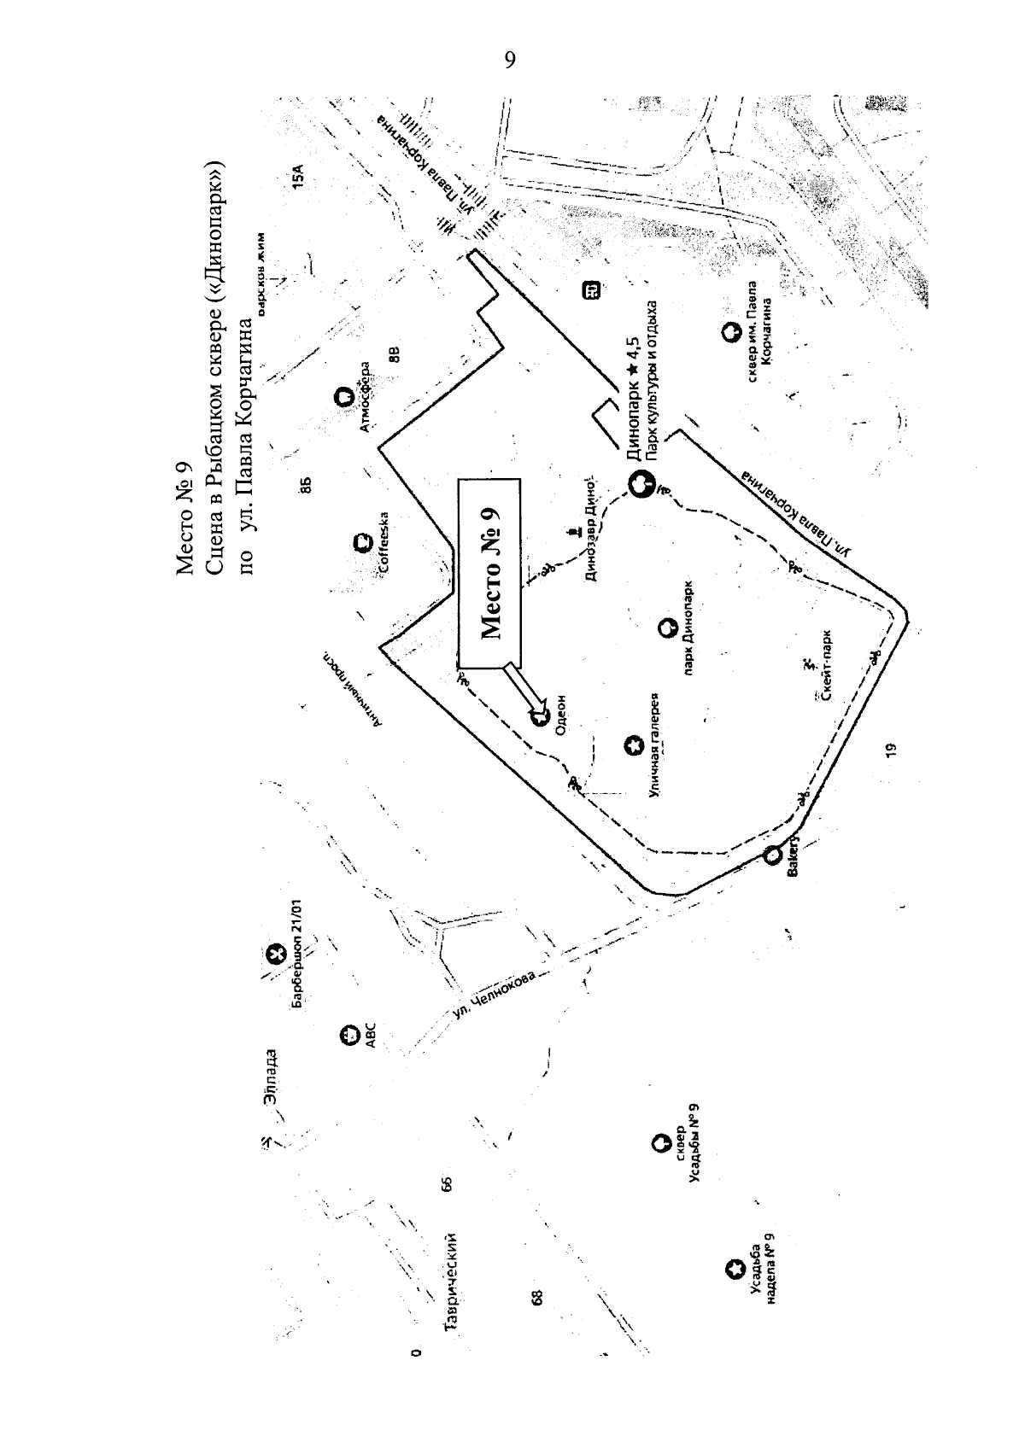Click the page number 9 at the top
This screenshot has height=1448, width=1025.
click(x=510, y=60)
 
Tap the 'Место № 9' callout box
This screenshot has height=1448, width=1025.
click(x=490, y=571)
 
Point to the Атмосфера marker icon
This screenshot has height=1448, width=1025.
click(x=341, y=397)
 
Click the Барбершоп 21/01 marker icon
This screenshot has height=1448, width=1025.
click(x=275, y=955)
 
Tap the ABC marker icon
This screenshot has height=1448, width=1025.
click(x=347, y=1036)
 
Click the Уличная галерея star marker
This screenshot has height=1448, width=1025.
click(x=633, y=746)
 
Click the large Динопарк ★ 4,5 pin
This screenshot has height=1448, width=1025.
click(x=640, y=484)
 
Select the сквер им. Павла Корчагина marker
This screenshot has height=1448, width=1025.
click(x=730, y=332)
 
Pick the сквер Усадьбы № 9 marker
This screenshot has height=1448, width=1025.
click(x=659, y=1141)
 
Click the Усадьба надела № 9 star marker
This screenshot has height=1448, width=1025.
click(x=733, y=1270)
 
